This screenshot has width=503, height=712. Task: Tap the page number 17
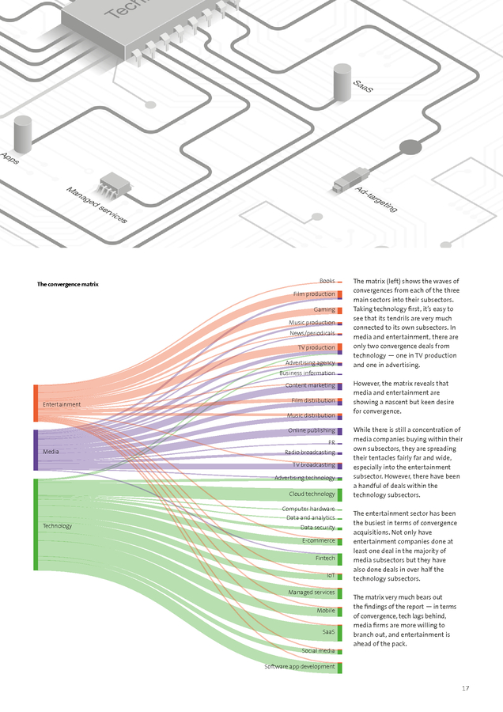click(x=466, y=688)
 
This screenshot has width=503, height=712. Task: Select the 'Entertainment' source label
click(x=62, y=404)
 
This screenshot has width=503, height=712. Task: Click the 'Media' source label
click(x=51, y=451)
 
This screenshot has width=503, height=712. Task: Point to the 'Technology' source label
click(x=57, y=526)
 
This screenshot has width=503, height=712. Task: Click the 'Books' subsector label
click(x=327, y=281)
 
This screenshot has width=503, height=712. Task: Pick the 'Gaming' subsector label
click(x=324, y=309)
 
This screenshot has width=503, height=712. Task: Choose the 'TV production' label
click(x=316, y=347)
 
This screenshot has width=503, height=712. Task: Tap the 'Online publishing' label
click(x=312, y=430)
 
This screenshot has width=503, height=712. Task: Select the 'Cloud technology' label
click(x=312, y=494)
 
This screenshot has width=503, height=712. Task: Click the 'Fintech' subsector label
click(x=325, y=558)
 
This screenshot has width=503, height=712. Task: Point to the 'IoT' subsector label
click(x=331, y=575)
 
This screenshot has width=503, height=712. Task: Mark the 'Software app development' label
click(x=300, y=667)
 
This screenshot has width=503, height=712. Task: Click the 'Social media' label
click(x=318, y=650)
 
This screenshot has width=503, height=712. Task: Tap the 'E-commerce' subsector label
click(x=319, y=540)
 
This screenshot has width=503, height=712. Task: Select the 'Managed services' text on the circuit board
click(x=96, y=204)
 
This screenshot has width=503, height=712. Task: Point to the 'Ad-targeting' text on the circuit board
click(x=376, y=199)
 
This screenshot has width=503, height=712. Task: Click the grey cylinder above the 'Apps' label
click(x=23, y=131)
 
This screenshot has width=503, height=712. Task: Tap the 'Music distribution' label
click(x=311, y=415)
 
